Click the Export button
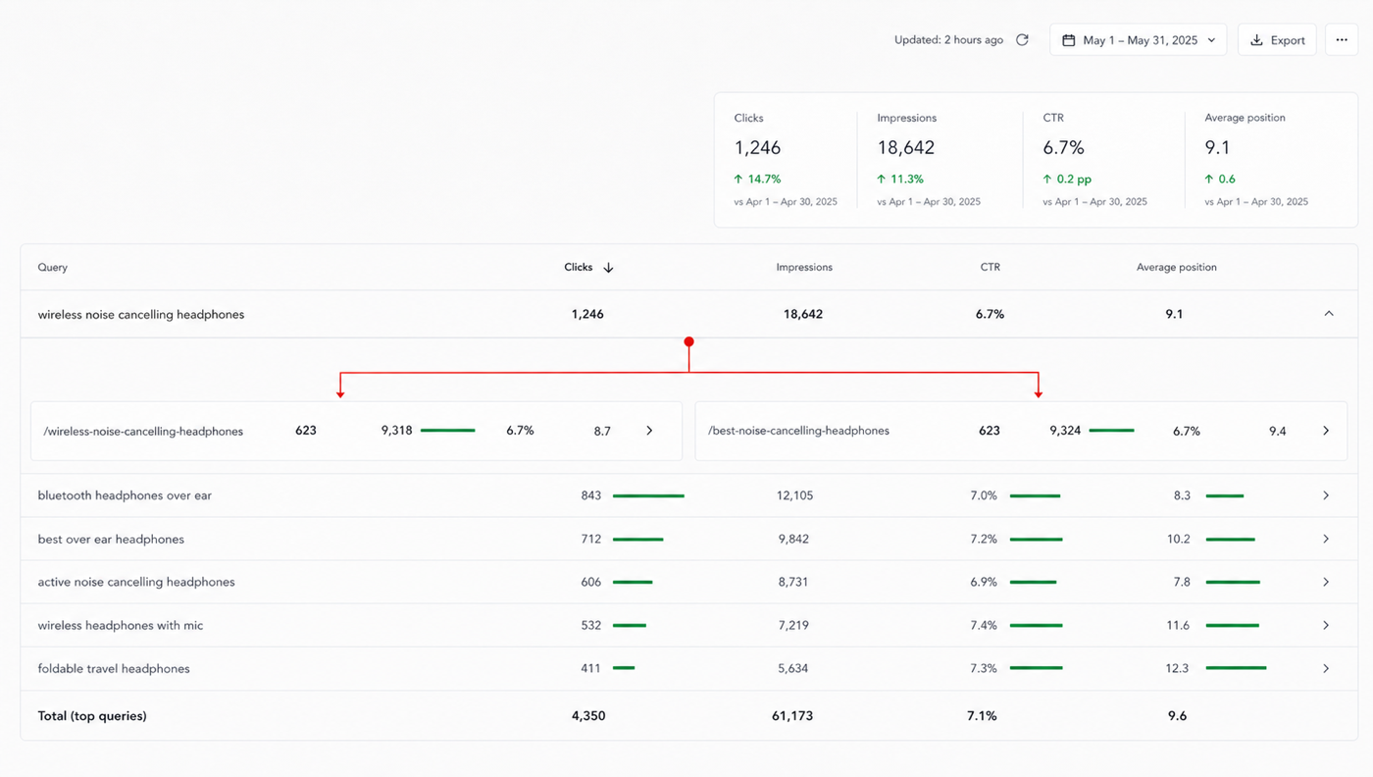click(1277, 40)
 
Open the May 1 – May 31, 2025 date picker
click(1138, 40)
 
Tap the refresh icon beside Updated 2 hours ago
click(1022, 40)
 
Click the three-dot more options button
click(1342, 40)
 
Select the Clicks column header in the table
click(578, 267)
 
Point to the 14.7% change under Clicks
click(757, 180)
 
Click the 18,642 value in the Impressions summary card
click(905, 147)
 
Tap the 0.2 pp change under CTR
click(1067, 180)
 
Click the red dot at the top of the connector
click(688, 341)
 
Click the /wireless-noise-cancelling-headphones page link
click(143, 431)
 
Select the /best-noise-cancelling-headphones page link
click(798, 431)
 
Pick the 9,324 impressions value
click(1065, 431)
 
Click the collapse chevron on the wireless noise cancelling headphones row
click(1329, 313)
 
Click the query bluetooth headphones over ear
click(125, 495)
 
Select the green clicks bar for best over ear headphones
click(638, 539)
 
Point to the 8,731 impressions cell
click(793, 582)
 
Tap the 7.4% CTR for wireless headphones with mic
click(984, 626)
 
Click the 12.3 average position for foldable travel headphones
click(1177, 668)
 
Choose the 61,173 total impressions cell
click(792, 715)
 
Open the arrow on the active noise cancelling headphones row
click(1326, 582)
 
